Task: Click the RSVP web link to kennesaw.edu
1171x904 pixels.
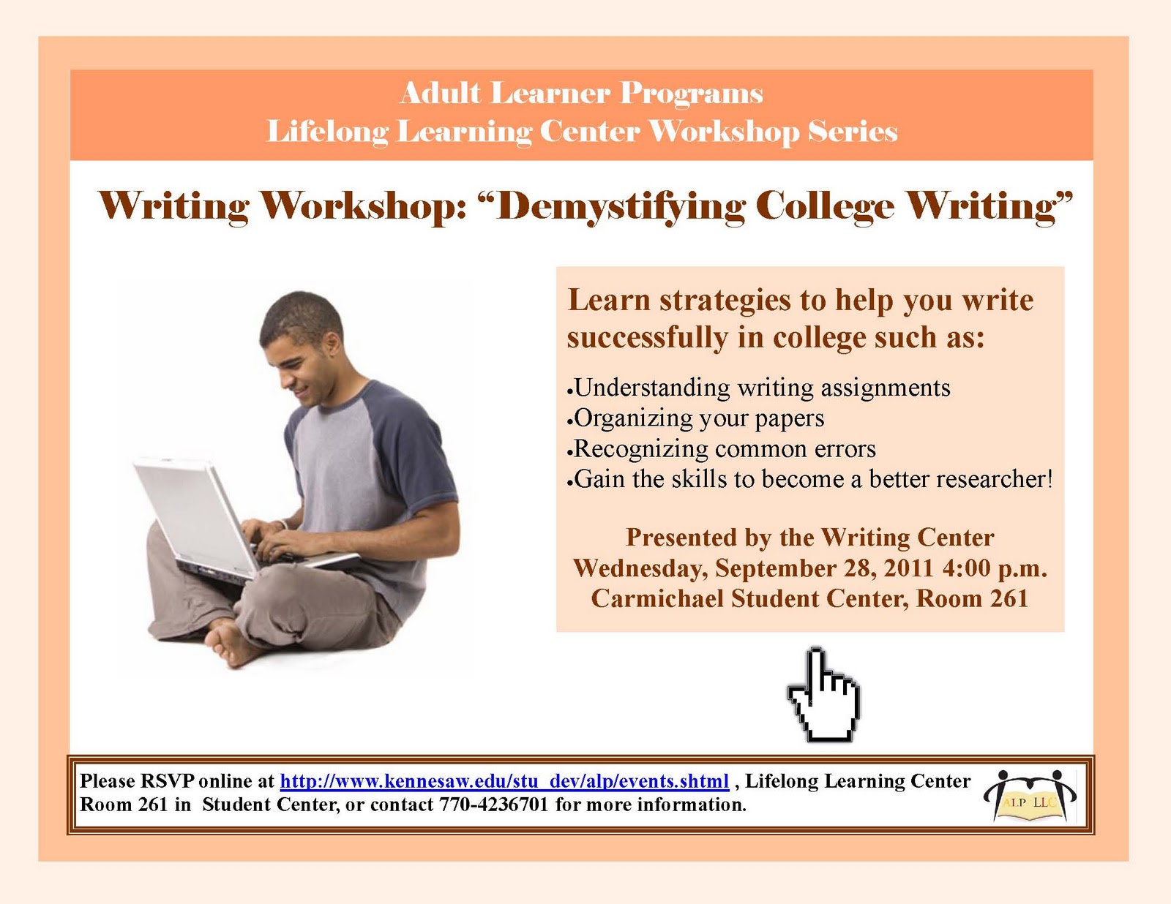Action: click(x=504, y=781)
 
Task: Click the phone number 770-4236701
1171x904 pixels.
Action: click(x=493, y=805)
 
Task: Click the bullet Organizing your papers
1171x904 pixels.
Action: click(x=699, y=418)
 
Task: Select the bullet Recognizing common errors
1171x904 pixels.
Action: click(x=725, y=448)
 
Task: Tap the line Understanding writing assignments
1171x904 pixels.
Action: click(x=762, y=388)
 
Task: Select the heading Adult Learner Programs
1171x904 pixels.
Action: click(x=581, y=94)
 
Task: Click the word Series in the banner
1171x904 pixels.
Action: click(x=852, y=132)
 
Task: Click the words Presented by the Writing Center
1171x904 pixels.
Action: click(x=809, y=538)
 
